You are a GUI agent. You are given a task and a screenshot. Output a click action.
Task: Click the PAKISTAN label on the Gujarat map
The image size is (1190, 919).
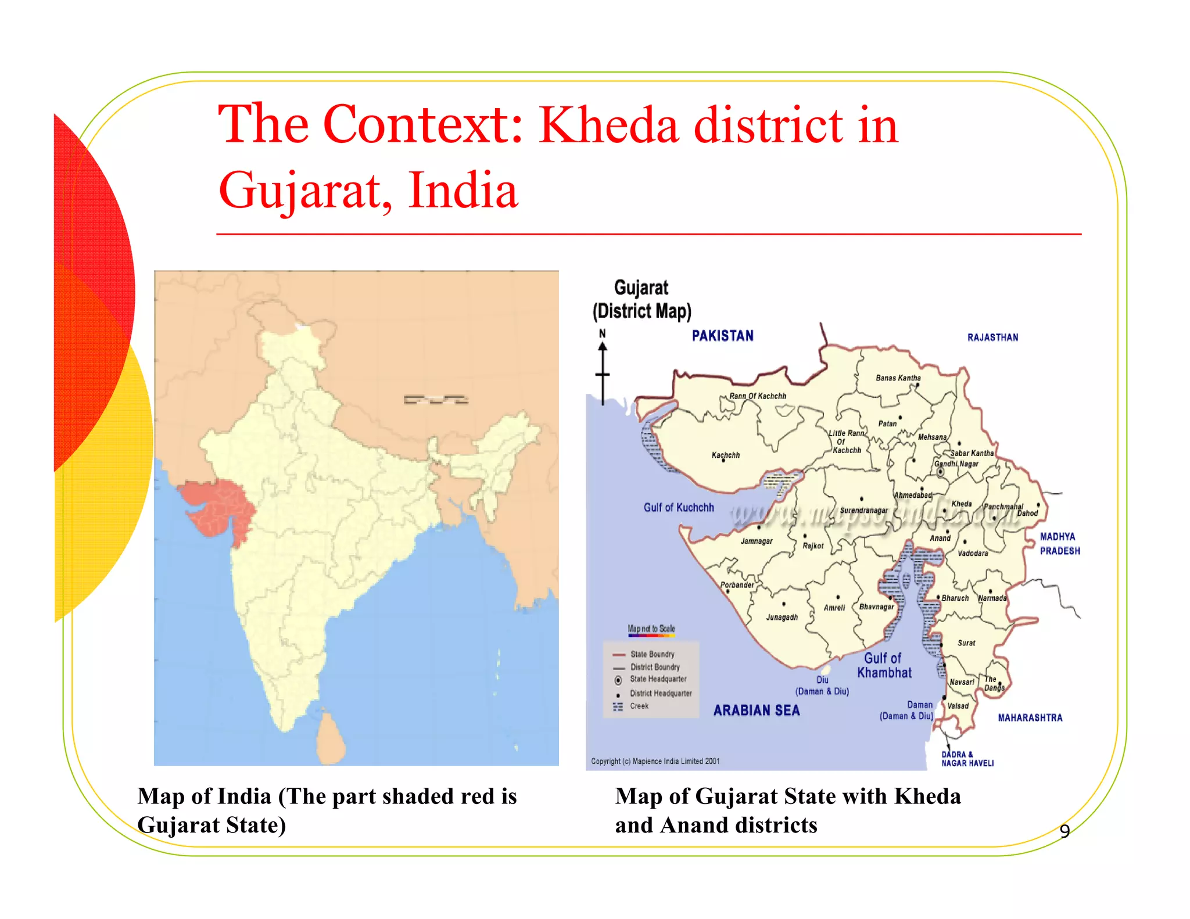pyautogui.click(x=722, y=336)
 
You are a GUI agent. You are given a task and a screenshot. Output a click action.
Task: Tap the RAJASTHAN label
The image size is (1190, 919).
pyautogui.click(x=992, y=338)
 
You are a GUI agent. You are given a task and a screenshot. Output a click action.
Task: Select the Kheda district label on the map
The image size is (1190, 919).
pyautogui.click(x=961, y=504)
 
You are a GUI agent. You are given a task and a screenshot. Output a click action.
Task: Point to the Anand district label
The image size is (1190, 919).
pyautogui.click(x=940, y=539)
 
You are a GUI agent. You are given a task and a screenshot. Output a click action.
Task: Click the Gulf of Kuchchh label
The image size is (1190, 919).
pyautogui.click(x=679, y=508)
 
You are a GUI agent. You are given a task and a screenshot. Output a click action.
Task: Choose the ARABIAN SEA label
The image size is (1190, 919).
pyautogui.click(x=757, y=710)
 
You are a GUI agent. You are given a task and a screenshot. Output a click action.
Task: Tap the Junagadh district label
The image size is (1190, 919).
pyautogui.click(x=782, y=618)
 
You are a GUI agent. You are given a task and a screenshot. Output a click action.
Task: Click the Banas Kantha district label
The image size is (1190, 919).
pyautogui.click(x=898, y=378)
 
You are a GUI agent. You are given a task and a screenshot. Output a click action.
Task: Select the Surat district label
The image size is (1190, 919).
pyautogui.click(x=966, y=643)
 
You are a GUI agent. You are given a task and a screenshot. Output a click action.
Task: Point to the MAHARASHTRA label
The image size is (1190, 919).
pyautogui.click(x=1030, y=718)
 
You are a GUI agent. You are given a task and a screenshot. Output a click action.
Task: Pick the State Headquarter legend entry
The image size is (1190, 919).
pyautogui.click(x=658, y=679)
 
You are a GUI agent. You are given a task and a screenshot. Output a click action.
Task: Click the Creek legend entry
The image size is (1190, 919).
pyautogui.click(x=639, y=706)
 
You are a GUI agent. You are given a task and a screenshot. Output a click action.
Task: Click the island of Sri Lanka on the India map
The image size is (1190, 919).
pyautogui.click(x=332, y=738)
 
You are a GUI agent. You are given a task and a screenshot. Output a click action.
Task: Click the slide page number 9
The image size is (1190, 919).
pyautogui.click(x=1064, y=831)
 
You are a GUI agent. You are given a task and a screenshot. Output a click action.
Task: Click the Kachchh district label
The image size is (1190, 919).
pyautogui.click(x=725, y=455)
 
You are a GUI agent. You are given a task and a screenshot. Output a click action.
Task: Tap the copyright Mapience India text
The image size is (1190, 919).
pyautogui.click(x=655, y=761)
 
